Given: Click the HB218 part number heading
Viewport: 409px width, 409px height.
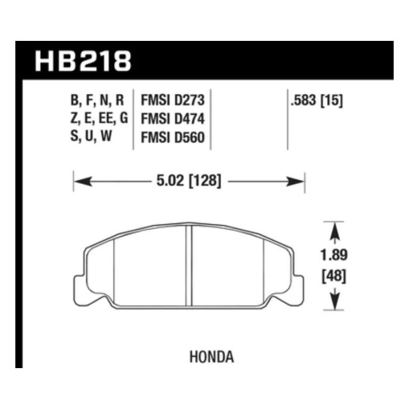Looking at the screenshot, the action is pyautogui.click(x=83, y=61).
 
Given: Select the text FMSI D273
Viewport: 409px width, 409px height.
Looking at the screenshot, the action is pyautogui.click(x=173, y=100).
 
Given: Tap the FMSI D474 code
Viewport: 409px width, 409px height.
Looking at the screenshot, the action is pyautogui.click(x=173, y=119).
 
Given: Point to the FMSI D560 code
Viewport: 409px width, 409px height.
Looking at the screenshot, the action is pyautogui.click(x=173, y=137).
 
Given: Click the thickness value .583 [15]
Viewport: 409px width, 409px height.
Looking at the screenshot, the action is pyautogui.click(x=317, y=100).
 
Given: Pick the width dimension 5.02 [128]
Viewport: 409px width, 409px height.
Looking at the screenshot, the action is pyautogui.click(x=189, y=181).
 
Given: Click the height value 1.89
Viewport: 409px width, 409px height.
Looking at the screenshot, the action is pyautogui.click(x=334, y=255).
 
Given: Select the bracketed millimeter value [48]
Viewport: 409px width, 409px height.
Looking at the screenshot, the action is pyautogui.click(x=334, y=276).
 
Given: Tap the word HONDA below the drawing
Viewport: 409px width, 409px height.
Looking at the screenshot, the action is pyautogui.click(x=212, y=357).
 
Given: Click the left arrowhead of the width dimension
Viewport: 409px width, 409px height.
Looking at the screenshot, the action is pyautogui.click(x=83, y=181).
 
